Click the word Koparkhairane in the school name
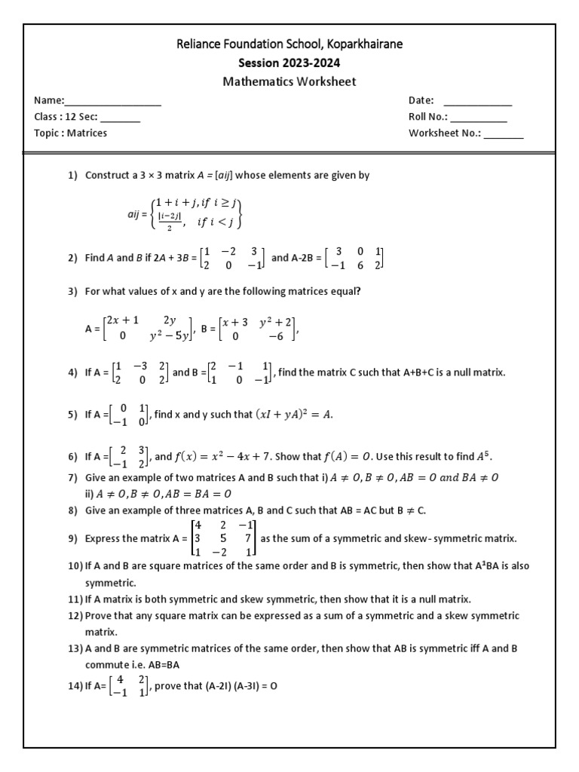(365, 44)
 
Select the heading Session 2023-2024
(289, 63)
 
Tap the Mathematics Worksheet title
(289, 81)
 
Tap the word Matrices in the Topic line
(87, 133)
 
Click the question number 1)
(73, 175)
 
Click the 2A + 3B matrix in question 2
(232, 258)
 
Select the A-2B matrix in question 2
(354, 258)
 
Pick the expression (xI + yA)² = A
(295, 415)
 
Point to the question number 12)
(75, 616)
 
